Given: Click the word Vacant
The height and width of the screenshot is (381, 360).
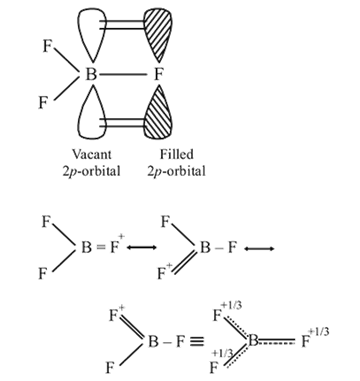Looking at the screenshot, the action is (92, 154).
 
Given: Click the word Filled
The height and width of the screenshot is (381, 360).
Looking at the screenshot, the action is (176, 154).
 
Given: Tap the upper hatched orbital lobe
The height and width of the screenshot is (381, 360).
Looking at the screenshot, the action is (158, 34).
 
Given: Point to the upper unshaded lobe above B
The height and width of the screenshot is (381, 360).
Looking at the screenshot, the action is (92, 34).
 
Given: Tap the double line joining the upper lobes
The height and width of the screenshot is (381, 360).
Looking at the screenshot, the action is (122, 25).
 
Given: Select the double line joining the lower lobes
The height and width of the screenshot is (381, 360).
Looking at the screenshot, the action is (122, 122).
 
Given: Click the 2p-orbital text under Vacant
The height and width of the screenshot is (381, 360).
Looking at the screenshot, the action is (91, 171).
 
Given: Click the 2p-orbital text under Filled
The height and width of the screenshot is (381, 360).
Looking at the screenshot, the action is (176, 171).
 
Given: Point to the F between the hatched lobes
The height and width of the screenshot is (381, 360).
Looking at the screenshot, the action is (158, 74).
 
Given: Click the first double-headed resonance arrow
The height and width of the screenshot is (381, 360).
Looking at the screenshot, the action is (142, 247).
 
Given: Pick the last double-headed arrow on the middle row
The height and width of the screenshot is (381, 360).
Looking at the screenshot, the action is (259, 248).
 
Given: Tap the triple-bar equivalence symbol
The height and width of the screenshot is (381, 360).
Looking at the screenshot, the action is (197, 342).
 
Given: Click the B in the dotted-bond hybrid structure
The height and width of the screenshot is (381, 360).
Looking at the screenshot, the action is (253, 341).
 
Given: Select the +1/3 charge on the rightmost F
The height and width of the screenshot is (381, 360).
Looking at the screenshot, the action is (319, 332).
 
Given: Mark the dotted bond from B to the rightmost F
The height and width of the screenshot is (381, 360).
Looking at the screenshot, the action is (277, 341).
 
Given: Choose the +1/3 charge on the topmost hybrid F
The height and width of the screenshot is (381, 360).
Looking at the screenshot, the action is (231, 306).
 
